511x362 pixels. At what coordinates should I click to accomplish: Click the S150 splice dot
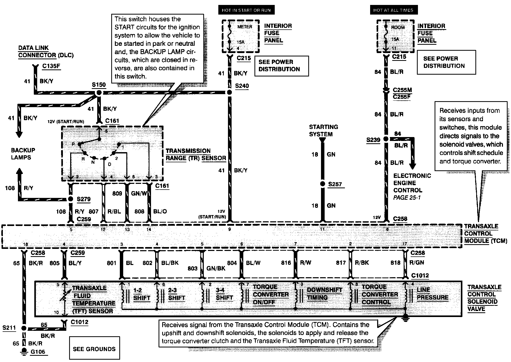[99, 93]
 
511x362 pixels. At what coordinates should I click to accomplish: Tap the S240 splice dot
[229, 92]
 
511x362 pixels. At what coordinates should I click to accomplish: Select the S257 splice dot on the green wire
[323, 184]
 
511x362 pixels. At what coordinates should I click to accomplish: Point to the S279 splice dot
[70, 199]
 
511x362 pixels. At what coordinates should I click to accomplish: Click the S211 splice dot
[24, 328]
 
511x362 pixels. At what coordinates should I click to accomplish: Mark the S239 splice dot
[386, 139]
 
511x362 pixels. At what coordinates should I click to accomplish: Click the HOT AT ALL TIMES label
[393, 10]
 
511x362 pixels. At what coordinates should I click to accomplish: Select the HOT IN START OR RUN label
[246, 10]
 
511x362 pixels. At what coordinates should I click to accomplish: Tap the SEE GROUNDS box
[94, 349]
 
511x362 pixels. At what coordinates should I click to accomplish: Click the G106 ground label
[38, 352]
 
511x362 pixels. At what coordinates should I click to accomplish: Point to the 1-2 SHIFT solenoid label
[142, 294]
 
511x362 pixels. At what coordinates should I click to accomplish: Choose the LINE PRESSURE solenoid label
[433, 294]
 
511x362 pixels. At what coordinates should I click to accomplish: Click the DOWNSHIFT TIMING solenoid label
[324, 294]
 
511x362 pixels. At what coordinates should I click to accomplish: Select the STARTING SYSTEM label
[323, 131]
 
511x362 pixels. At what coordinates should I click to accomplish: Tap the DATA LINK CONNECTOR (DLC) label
[46, 51]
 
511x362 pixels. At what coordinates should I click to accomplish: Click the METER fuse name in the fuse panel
[245, 27]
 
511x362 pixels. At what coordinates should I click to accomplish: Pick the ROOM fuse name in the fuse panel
[398, 27]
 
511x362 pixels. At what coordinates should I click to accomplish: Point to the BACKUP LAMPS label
[23, 154]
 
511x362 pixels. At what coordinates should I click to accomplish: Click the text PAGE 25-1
[407, 198]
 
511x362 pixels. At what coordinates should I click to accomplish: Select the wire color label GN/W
[139, 193]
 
